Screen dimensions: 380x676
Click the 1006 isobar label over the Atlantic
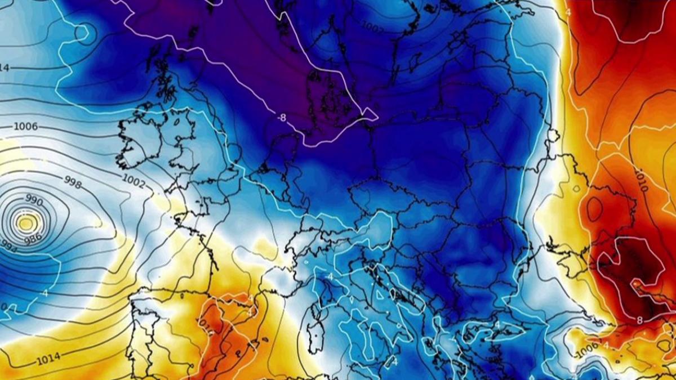click(x=26, y=127)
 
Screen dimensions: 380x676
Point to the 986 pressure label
click(x=32, y=238)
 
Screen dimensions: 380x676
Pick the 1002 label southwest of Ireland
click(x=134, y=181)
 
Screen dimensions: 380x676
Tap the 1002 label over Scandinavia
click(x=372, y=26)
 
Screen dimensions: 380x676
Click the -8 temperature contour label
click(x=282, y=117)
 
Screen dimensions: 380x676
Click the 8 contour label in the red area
click(x=639, y=320)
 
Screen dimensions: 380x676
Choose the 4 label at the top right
click(x=568, y=12)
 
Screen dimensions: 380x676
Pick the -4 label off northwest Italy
click(x=330, y=277)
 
